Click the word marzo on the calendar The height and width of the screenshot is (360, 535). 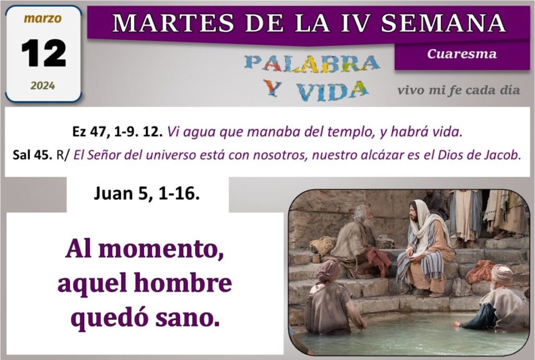[43, 18]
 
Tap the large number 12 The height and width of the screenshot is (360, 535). [44, 53]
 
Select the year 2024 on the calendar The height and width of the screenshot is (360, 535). [43, 85]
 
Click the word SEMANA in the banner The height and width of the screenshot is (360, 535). [444, 23]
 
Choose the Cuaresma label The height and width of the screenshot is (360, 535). [462, 54]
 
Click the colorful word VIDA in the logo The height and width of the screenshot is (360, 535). [332, 91]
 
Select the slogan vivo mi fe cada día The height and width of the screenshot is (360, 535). [459, 90]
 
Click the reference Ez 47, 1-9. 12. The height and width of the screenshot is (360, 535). [118, 132]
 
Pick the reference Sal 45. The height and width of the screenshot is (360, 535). [32, 155]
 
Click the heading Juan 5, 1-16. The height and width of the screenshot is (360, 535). [147, 194]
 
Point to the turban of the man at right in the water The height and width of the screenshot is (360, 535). [502, 274]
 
